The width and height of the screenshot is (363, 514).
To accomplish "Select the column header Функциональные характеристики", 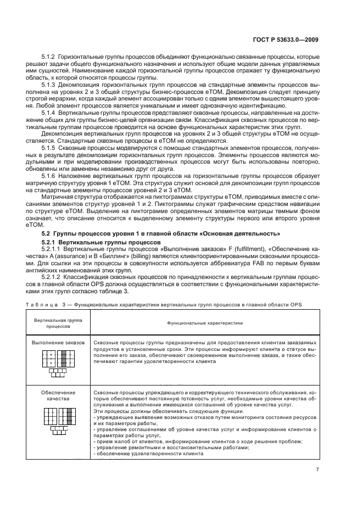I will tap(205, 324).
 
